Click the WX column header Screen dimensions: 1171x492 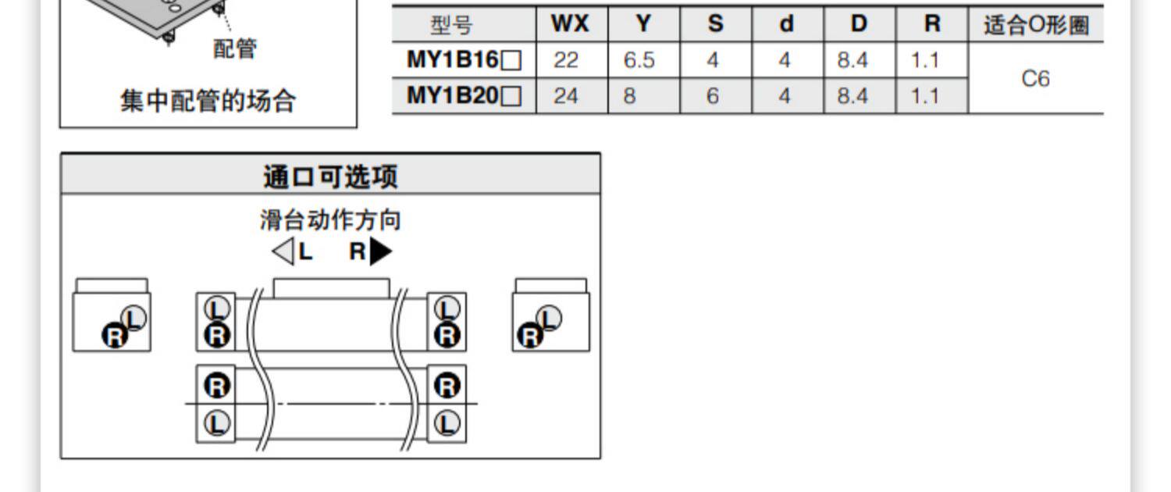point(570,23)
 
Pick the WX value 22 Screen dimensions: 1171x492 point(566,60)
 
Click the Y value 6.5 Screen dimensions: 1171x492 point(639,60)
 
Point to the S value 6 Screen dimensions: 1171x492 point(713,96)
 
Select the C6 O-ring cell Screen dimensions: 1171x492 point(1036,78)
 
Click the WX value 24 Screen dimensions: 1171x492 point(566,96)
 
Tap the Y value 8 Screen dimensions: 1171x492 point(629,96)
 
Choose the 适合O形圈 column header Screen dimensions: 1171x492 point(1036,24)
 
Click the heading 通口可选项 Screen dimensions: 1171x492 point(330,176)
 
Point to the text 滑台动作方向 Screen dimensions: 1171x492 point(330,219)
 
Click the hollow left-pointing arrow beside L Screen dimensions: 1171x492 point(283,251)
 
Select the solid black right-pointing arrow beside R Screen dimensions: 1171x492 point(381,251)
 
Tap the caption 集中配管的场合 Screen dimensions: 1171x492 point(208,101)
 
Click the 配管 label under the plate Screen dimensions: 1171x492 point(235,48)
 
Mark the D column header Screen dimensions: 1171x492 point(859,23)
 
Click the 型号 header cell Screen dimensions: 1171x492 point(452,25)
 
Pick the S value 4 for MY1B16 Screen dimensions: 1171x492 point(713,60)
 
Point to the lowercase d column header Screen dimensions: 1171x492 point(786,23)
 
